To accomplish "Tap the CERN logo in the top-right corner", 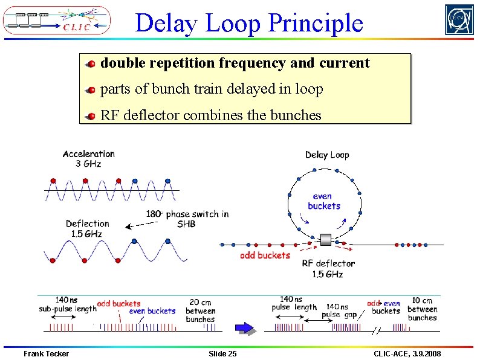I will [459, 20].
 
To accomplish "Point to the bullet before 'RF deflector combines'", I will [89, 116].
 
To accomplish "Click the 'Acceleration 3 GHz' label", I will [88, 158].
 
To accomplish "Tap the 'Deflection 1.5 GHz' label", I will [87, 228].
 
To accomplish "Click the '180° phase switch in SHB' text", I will [187, 219].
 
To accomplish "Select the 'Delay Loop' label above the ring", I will [327, 155].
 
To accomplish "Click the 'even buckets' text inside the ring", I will [324, 201].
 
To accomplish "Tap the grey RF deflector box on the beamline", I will [326, 240].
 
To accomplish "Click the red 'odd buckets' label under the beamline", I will [265, 256].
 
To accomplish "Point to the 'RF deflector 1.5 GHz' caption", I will [328, 268].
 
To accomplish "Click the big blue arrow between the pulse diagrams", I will [244, 328].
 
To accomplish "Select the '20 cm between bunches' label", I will [200, 310].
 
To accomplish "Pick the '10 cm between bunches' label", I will [422, 309].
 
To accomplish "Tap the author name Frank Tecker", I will [46, 353].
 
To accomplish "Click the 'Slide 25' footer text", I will [222, 353].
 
